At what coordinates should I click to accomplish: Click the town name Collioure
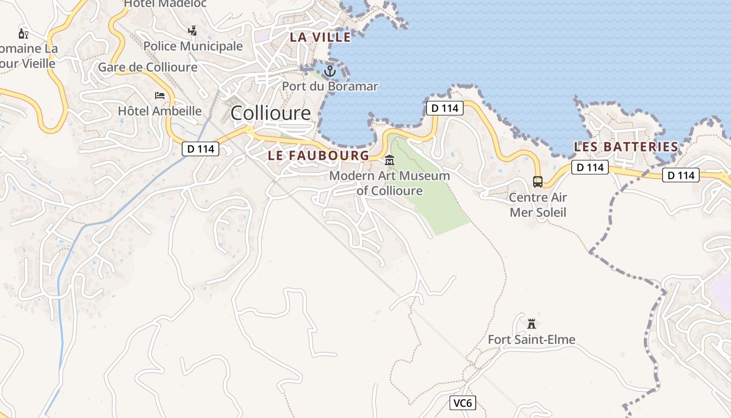(270, 113)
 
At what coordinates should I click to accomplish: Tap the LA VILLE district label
(321, 37)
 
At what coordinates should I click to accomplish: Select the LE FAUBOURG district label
(319, 155)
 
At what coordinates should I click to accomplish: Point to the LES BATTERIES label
(626, 147)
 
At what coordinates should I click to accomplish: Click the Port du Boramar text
(330, 86)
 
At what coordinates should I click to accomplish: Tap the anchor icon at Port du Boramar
(329, 70)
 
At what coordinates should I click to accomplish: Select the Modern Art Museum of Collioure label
(390, 183)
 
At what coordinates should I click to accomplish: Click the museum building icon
(390, 160)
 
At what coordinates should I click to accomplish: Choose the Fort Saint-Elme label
(532, 340)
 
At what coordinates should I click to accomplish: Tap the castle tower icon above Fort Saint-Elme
(532, 323)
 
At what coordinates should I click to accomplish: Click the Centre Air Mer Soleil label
(538, 205)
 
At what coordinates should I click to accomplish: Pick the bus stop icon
(538, 182)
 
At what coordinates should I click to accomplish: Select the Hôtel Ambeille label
(160, 111)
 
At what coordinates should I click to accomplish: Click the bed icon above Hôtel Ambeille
(160, 96)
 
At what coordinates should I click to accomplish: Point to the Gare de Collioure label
(148, 67)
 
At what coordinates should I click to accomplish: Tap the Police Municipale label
(193, 46)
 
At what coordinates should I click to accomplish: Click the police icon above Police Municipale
(193, 30)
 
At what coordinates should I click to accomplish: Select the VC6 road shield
(463, 403)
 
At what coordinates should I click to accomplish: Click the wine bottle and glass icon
(23, 34)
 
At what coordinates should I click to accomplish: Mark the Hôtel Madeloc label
(166, 4)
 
